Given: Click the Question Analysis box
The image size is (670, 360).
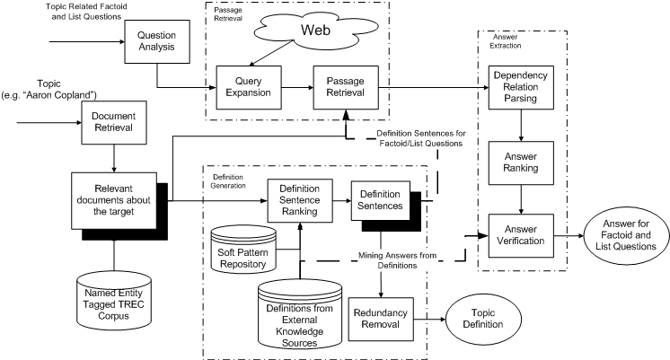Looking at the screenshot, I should [154, 40].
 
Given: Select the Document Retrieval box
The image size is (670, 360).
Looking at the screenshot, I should [114, 120].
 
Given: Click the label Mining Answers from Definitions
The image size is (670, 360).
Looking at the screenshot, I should [409, 259].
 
